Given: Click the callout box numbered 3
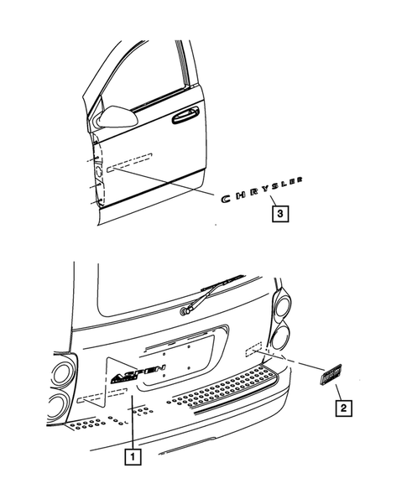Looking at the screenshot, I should [279, 214].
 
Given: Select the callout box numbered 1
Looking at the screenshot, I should [132, 457].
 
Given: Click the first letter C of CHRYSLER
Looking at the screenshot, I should [225, 199].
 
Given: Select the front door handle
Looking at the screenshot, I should [185, 117].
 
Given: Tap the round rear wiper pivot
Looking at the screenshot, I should [183, 312].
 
